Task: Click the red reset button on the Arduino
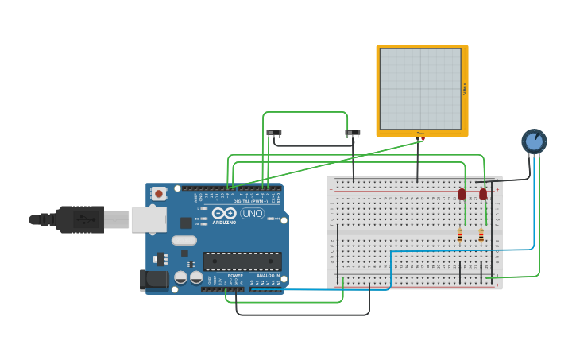click(x=159, y=193)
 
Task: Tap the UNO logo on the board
click(x=253, y=213)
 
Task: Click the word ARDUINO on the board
click(x=224, y=223)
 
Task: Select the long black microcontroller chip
click(x=242, y=261)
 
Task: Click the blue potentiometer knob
click(x=534, y=141)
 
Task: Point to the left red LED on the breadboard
click(x=462, y=194)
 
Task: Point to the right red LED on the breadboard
click(x=483, y=194)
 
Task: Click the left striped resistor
click(x=459, y=234)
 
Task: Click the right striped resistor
click(x=481, y=234)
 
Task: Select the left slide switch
click(x=274, y=133)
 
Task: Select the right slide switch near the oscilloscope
click(x=353, y=133)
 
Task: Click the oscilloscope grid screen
click(x=420, y=88)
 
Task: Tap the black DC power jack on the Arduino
click(x=153, y=280)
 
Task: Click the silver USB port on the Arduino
click(x=149, y=219)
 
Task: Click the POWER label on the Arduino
click(x=235, y=275)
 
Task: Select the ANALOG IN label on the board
click(x=268, y=275)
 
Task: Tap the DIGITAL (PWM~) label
click(x=248, y=202)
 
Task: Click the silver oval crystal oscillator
click(x=184, y=240)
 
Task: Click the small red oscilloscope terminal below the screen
click(x=421, y=138)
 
